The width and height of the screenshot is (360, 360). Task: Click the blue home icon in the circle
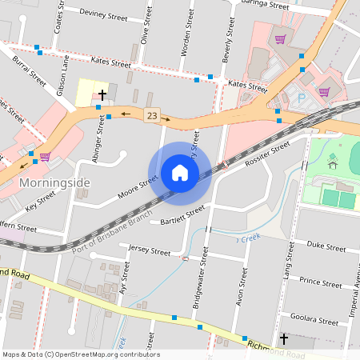179,173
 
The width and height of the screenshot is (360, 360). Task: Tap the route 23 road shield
151,116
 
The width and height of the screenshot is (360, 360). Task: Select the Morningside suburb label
54,182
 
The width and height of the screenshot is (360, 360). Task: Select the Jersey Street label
149,251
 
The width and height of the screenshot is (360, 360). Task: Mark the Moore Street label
138,190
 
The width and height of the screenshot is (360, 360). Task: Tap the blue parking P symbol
302,98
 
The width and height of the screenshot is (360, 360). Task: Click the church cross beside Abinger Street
102,94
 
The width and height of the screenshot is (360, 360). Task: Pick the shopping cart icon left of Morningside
45,157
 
